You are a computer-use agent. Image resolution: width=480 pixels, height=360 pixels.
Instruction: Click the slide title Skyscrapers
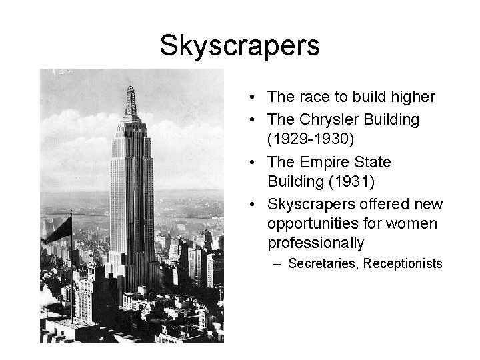point(240,45)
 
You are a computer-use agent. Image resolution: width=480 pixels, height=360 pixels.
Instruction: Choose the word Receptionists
point(403,264)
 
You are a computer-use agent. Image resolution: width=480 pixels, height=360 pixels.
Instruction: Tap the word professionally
point(316,243)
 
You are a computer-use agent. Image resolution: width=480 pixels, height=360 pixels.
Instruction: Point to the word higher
point(412,97)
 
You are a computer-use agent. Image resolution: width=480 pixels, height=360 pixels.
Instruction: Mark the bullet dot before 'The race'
point(256,98)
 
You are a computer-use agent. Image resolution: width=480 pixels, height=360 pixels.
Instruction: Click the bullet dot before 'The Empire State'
point(256,163)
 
